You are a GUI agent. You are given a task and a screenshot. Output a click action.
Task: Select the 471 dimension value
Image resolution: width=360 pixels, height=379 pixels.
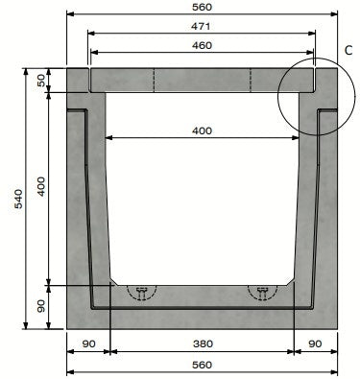202,28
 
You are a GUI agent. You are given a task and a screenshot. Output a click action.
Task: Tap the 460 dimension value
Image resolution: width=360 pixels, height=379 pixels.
202,45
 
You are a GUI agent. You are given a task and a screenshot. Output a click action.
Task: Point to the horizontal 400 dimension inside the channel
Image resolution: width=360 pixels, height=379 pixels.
202,130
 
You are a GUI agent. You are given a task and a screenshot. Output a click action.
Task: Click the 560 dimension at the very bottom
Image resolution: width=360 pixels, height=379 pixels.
202,365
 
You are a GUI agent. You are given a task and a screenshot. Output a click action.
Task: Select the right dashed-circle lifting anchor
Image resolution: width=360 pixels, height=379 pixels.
261,292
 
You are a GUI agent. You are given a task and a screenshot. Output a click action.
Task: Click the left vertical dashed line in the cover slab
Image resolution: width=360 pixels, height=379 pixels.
154,81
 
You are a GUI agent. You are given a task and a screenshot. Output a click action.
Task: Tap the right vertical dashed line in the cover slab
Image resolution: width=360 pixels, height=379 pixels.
250,81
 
